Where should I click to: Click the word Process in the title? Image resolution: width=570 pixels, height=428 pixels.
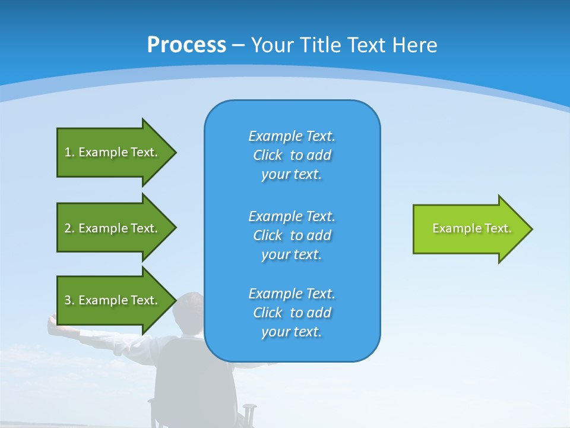tap(186, 45)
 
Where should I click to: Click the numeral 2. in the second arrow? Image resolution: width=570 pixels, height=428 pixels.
tap(69, 228)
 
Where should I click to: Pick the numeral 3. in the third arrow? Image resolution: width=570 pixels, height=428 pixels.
tap(69, 300)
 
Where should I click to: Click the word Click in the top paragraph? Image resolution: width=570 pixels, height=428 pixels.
tap(268, 155)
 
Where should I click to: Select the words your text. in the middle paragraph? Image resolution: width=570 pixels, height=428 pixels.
tap(291, 254)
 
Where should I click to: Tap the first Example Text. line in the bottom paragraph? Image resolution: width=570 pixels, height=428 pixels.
tap(292, 294)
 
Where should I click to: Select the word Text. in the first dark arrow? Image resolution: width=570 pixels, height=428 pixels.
tap(144, 152)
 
